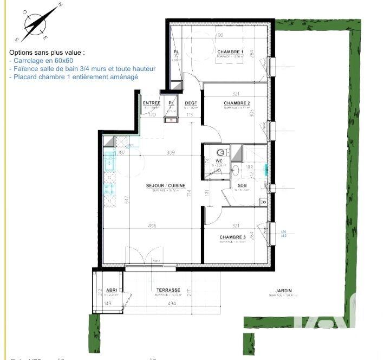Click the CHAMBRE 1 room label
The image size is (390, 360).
pos(231,52)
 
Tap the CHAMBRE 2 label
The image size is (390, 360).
pos(236,103)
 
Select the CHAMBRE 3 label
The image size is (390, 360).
pos(232,237)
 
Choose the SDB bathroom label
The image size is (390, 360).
pos(242,185)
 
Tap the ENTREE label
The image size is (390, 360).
pos(151,103)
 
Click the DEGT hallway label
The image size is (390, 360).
pos(190,103)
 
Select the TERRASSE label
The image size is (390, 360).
pos(168,290)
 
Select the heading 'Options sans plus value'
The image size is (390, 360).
pos(47,53)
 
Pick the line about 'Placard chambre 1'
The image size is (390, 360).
pos(73,77)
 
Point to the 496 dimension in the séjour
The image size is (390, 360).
pos(152,226)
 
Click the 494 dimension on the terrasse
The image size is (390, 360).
pos(172,304)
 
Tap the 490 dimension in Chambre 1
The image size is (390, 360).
pos(220,35)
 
